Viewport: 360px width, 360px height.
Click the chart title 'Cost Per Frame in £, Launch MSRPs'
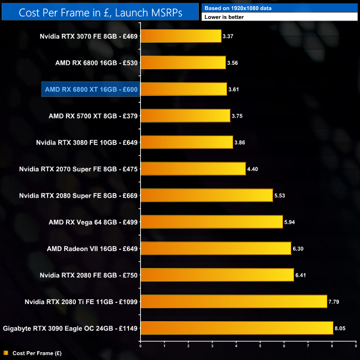(100, 12)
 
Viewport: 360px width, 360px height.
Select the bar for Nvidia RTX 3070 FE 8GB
(181, 37)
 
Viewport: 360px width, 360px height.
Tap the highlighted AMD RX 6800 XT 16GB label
(91, 89)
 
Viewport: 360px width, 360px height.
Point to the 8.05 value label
(341, 328)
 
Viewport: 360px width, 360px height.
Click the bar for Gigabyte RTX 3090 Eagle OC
(236, 328)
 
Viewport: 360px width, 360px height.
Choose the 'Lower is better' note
(280, 17)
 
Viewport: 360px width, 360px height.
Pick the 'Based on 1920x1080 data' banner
(280, 7)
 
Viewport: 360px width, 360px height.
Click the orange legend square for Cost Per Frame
(5, 352)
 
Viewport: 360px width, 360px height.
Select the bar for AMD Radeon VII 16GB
(215, 248)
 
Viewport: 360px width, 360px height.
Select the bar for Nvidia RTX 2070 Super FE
(193, 168)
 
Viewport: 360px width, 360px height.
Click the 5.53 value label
(281, 195)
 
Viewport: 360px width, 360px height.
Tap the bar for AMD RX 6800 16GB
(183, 63)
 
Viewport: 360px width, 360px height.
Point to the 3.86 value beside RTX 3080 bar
(241, 142)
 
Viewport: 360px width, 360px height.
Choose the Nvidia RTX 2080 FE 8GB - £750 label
(89, 275)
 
